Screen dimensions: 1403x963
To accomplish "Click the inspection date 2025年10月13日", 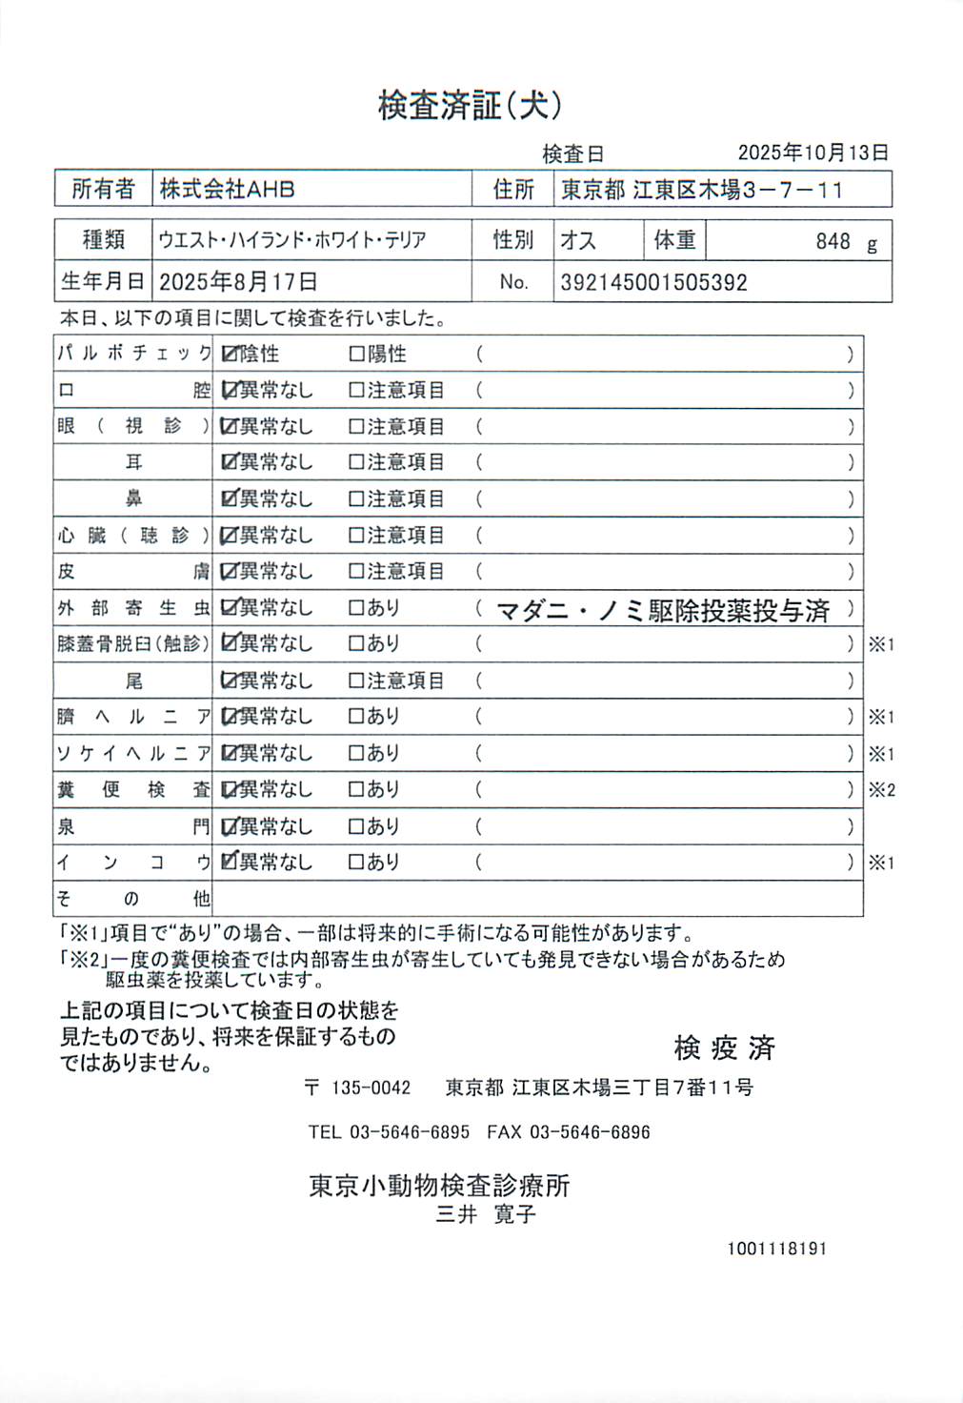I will (813, 152).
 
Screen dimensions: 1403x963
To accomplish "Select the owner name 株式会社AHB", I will (227, 189).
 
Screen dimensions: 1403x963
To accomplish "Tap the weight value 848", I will (832, 241).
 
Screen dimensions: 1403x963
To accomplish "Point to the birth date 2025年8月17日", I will (238, 282).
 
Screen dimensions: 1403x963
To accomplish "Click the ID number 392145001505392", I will (653, 282).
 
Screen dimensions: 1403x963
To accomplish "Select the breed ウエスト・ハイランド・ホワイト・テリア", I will (292, 240).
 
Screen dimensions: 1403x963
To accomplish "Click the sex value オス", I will (578, 240).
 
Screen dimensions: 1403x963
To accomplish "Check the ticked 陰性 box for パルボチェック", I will (229, 355).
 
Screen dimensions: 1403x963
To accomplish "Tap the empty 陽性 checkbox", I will (357, 355).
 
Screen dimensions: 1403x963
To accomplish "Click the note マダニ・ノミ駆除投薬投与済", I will (663, 610).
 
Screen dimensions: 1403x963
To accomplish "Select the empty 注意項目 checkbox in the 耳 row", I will (357, 463).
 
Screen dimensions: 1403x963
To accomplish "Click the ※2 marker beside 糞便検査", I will (881, 790).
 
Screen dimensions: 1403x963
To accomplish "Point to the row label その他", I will (132, 899).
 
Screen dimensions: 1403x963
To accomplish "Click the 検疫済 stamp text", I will (724, 1048).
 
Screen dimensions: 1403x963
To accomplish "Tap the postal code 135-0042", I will (371, 1088).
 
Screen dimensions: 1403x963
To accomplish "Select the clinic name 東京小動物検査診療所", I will (439, 1186).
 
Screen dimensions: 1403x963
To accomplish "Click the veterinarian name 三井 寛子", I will (486, 1215).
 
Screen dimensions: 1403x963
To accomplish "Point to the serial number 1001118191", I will (776, 1249).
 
